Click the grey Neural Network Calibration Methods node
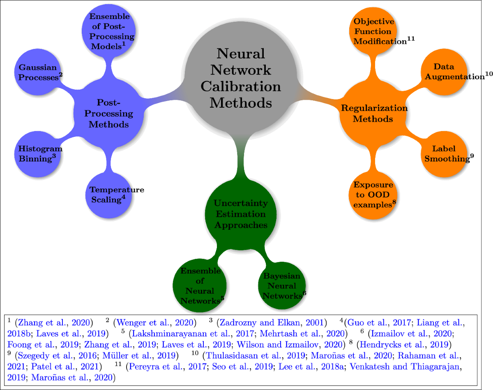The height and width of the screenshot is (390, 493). (241, 78)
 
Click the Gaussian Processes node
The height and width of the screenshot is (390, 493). (38, 72)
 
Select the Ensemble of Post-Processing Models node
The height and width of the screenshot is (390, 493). (110, 31)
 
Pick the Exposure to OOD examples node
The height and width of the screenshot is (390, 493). (373, 194)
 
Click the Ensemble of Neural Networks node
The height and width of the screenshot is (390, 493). (200, 286)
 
